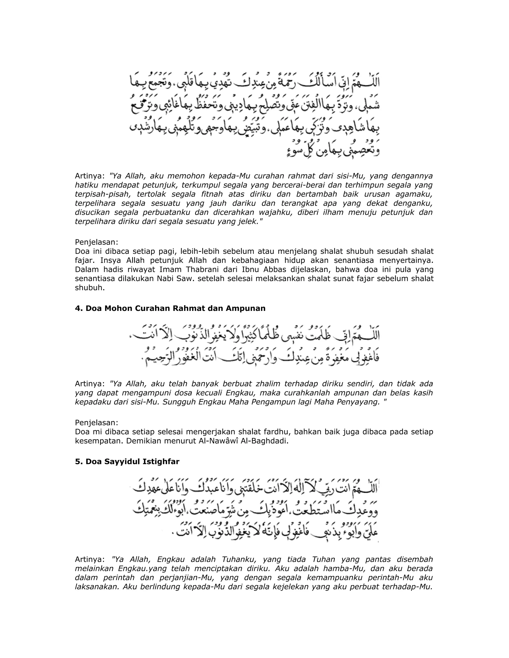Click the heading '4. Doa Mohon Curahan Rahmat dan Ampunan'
pos(170,308)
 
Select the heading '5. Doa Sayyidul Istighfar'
pos(127,462)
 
